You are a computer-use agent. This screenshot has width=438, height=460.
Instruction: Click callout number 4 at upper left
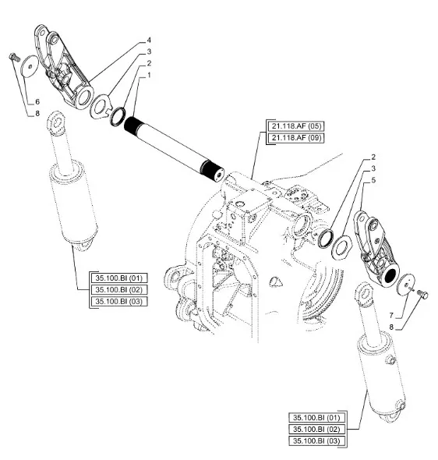[149, 40]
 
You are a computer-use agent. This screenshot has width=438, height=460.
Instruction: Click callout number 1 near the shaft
[149, 75]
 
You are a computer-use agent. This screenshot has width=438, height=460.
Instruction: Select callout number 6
[37, 102]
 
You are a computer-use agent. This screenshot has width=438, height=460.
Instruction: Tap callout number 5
[373, 180]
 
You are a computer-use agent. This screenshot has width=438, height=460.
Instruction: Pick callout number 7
[391, 315]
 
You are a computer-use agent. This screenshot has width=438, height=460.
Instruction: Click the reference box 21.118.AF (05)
[296, 126]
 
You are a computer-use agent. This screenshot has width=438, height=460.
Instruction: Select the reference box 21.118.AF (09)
[296, 137]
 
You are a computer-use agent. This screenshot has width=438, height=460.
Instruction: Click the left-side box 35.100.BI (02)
[119, 289]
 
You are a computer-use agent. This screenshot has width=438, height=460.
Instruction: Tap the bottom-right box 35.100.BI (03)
[316, 441]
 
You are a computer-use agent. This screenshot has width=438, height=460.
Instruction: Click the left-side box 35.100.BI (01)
[119, 278]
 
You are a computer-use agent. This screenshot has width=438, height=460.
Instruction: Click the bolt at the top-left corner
[14, 57]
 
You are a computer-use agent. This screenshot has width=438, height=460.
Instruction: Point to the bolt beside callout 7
[422, 294]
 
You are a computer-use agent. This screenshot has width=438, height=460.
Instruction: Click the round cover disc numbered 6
[30, 66]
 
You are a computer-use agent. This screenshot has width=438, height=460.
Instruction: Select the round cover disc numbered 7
[406, 285]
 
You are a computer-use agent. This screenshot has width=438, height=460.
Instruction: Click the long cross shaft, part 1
[174, 149]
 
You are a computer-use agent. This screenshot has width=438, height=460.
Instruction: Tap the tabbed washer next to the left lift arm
[101, 106]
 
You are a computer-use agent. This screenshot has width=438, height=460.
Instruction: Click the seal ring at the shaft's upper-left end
[118, 117]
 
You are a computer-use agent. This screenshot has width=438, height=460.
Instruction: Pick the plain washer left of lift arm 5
[341, 247]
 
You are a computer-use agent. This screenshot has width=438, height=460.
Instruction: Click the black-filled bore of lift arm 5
[390, 276]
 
